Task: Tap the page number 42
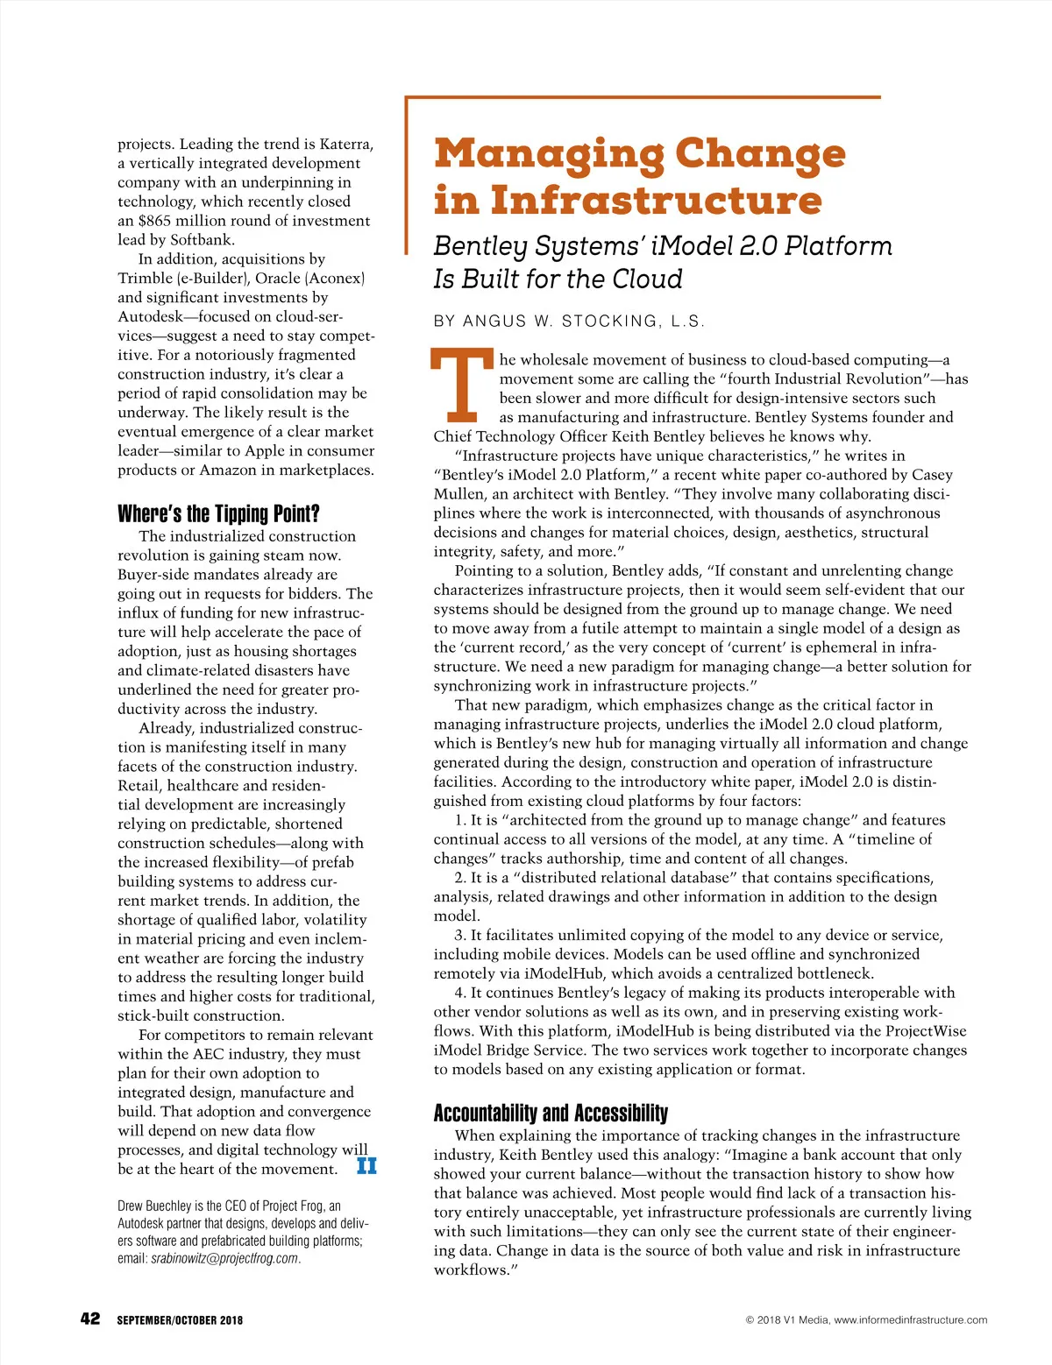90,1319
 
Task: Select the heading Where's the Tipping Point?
218,513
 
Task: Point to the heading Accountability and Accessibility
551,1113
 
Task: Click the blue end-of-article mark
366,1166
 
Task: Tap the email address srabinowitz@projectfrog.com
224,1258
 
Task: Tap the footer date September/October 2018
180,1320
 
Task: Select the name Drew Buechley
154,1206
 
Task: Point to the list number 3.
459,936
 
